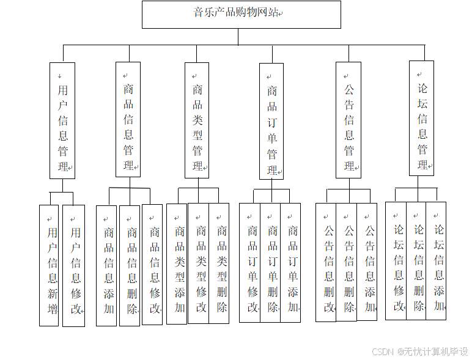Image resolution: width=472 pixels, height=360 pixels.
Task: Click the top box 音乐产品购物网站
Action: (241, 14)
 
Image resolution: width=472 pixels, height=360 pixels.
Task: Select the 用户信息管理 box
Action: (62, 120)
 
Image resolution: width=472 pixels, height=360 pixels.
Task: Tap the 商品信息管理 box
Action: (128, 120)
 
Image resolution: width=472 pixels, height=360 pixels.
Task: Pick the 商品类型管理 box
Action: (197, 120)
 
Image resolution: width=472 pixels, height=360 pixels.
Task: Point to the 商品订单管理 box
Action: (271, 121)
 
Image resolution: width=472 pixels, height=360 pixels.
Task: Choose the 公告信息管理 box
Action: (348, 120)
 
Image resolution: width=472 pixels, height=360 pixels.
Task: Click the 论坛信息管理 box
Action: (422, 118)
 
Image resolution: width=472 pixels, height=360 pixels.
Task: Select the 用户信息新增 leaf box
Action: (50, 265)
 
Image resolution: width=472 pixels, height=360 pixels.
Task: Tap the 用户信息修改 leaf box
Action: (74, 266)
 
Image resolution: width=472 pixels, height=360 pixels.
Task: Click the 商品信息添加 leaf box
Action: (106, 265)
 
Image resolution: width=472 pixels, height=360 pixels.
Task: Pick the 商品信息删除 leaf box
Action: (130, 265)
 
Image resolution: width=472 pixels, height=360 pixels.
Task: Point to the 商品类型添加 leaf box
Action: (177, 263)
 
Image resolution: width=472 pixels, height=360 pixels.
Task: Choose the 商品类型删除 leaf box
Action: (219, 263)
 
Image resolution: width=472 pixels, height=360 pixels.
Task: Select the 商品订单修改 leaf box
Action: (250, 262)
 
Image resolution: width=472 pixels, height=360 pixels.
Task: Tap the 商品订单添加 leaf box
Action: (290, 262)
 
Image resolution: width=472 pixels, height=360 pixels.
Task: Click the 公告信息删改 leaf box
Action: (326, 262)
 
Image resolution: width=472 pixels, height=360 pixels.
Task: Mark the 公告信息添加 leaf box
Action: (367, 261)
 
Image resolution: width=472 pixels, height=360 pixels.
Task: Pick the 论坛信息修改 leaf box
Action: (396, 260)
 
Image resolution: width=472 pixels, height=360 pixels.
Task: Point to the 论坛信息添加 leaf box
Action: (437, 260)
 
